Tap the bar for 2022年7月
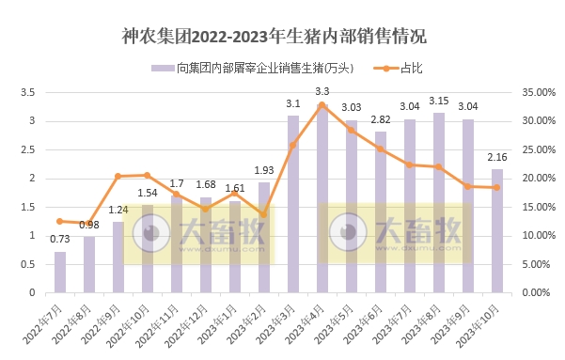click(60, 272)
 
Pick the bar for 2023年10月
click(496, 230)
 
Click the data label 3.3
click(322, 91)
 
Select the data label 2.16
click(496, 157)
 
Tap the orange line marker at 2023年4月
click(322, 104)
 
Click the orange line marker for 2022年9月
click(118, 176)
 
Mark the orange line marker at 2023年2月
click(263, 214)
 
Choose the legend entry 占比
click(400, 69)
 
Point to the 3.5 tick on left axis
click(27, 92)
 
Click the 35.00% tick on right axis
click(535, 92)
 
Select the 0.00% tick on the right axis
click(535, 292)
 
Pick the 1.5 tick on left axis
click(27, 207)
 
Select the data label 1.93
click(263, 170)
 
